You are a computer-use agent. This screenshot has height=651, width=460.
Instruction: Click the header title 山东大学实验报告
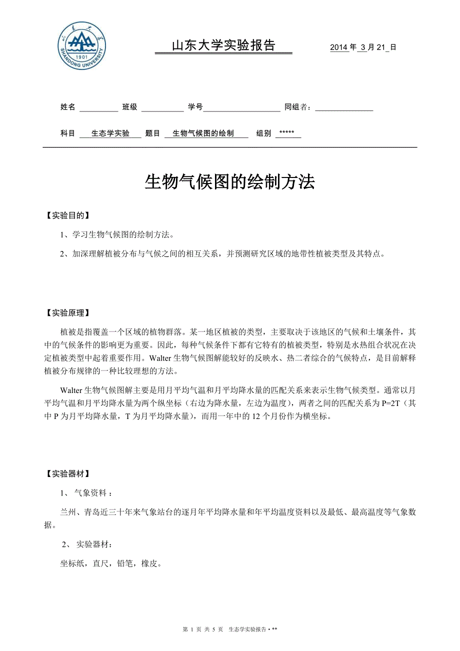coord(223,46)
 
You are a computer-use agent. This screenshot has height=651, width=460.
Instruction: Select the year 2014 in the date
coord(338,47)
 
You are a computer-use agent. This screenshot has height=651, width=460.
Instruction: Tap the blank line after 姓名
coord(98,107)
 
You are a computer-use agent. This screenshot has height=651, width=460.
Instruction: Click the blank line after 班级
coord(162,107)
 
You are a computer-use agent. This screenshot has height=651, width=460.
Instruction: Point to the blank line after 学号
coord(241,107)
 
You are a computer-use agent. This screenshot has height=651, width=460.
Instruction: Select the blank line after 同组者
coord(344,107)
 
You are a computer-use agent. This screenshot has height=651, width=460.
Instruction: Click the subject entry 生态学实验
coord(110,133)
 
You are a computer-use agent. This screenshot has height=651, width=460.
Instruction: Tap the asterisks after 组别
coord(287,133)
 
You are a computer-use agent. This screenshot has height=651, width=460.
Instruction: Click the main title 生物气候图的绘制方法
coord(229,182)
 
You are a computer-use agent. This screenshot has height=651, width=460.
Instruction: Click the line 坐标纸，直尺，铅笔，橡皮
coord(110,563)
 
